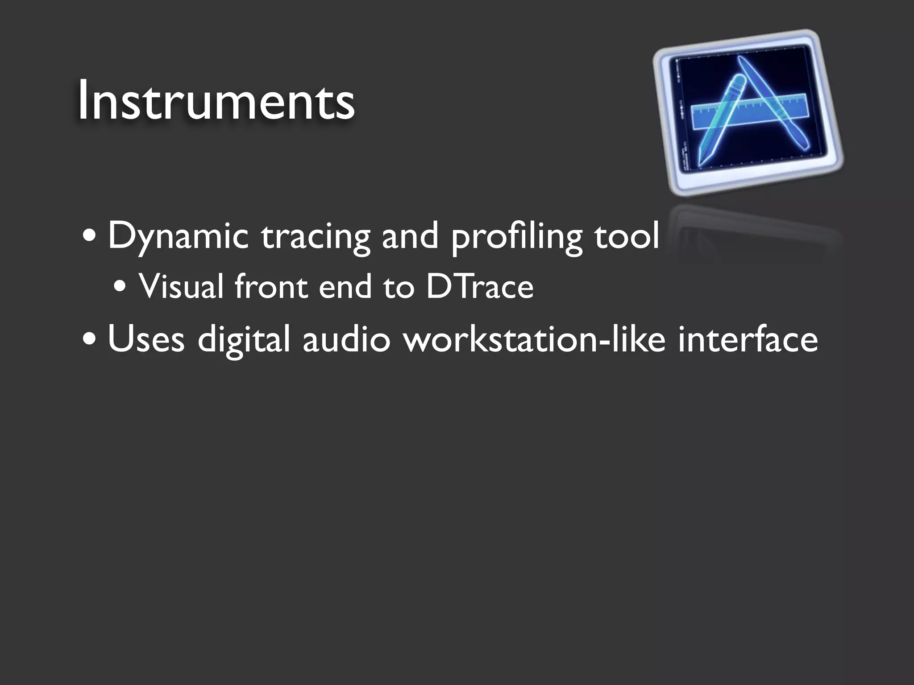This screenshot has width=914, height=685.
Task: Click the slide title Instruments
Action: point(216,100)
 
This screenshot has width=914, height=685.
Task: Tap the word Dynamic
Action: point(178,236)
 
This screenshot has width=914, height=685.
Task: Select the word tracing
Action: point(316,236)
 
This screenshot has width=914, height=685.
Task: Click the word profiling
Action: point(516,236)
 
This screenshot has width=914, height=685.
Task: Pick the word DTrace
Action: point(480,286)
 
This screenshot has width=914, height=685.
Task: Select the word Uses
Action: point(146,339)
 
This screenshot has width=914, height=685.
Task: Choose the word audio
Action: point(346,339)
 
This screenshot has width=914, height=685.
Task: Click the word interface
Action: point(748,339)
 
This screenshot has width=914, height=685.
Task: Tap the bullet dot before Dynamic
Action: point(89,237)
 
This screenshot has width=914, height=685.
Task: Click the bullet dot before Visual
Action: point(120,287)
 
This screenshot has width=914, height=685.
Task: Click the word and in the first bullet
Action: point(410,236)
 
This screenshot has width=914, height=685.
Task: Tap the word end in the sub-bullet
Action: point(345,286)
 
